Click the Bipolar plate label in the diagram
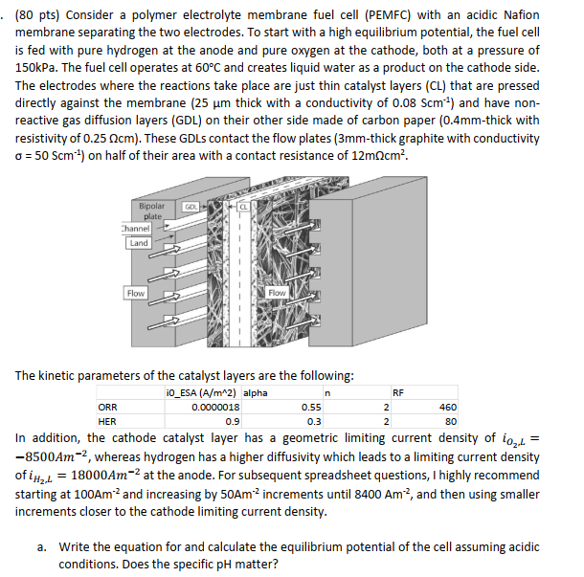151,210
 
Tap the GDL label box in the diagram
191,206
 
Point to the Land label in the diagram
138,242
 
